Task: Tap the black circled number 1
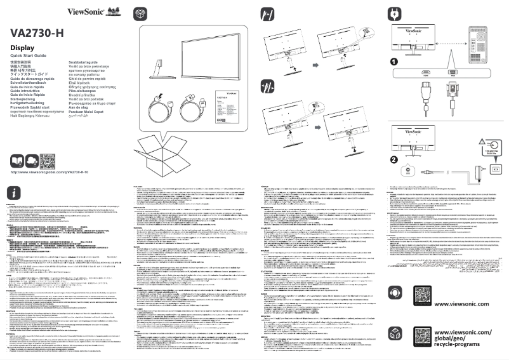pyautogui.click(x=393, y=62)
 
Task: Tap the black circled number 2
pyautogui.click(x=393, y=159)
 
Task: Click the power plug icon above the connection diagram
pyautogui.click(x=392, y=13)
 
